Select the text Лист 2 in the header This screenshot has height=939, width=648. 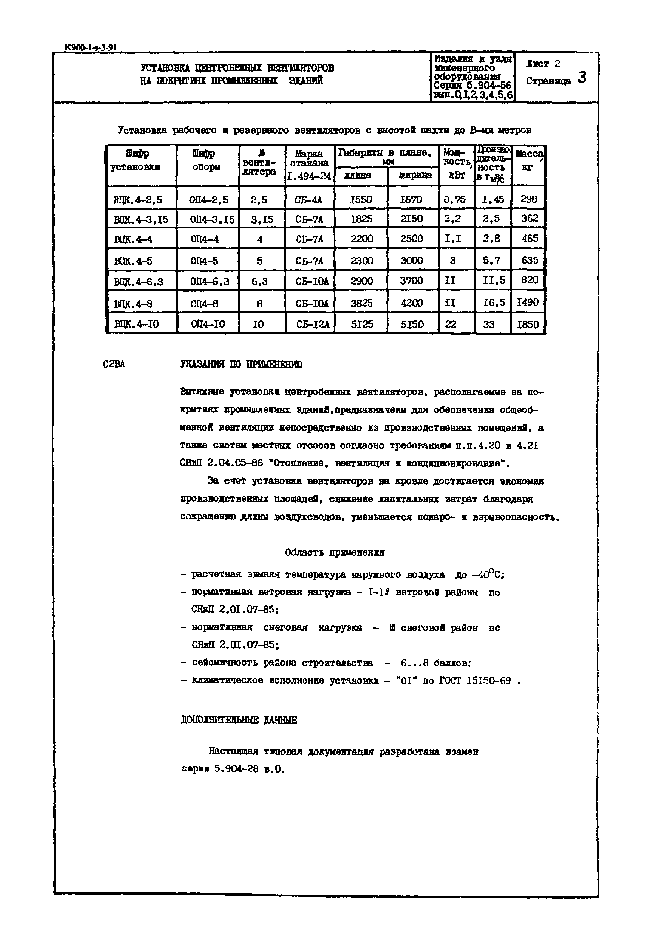pyautogui.click(x=543, y=64)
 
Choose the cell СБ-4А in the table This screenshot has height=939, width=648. pyautogui.click(x=309, y=200)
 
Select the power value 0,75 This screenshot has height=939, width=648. pyautogui.click(x=454, y=199)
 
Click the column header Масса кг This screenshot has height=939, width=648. pyautogui.click(x=528, y=160)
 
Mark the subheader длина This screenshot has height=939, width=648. pyautogui.click(x=357, y=176)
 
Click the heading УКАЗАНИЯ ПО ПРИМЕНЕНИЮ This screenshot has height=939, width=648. pyautogui.click(x=241, y=364)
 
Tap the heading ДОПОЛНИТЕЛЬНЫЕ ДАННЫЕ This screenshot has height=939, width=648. pyautogui.click(x=239, y=720)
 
